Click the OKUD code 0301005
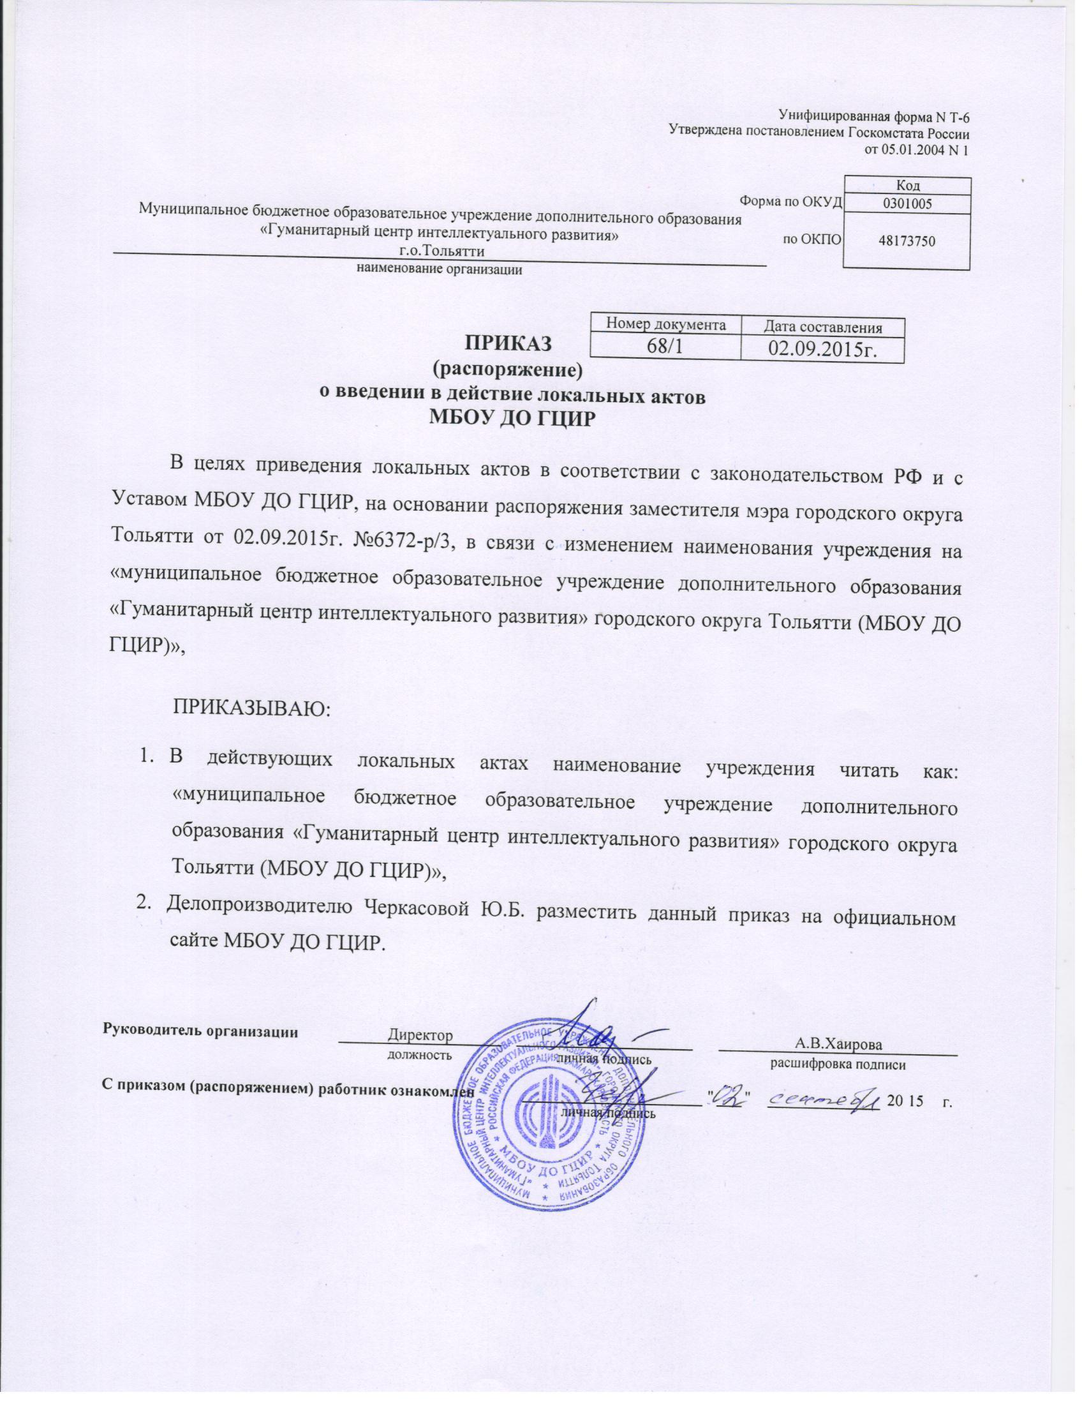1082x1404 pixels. [x=906, y=203]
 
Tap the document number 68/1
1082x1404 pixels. [x=663, y=348]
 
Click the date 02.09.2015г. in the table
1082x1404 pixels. [x=823, y=348]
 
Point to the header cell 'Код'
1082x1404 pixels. [x=906, y=186]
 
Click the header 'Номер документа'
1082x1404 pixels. [x=663, y=325]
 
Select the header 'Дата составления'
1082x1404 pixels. [x=823, y=327]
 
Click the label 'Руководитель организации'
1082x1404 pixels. [x=200, y=1031]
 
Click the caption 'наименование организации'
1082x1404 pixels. [x=439, y=270]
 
